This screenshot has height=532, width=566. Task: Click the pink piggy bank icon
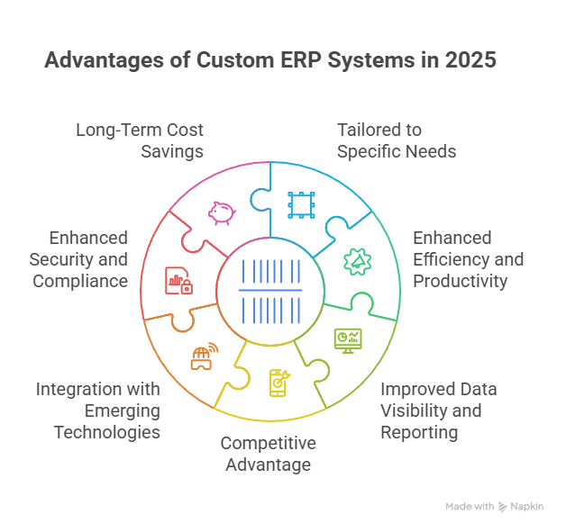point(221,212)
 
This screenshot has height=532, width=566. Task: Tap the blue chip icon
point(299,205)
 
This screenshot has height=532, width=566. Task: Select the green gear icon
point(355,261)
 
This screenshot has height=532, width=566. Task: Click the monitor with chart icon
point(347,339)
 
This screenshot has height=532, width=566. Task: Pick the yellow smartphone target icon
point(279,383)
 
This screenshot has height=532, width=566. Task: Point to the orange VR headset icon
point(203,356)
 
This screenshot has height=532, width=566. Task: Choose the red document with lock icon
point(178,280)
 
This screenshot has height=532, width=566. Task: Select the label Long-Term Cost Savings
point(141,140)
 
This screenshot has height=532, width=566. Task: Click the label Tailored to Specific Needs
point(397,140)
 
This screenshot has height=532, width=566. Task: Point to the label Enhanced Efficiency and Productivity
point(468,259)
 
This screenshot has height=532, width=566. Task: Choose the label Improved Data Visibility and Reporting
point(438,410)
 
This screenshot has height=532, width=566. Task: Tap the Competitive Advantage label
point(268,454)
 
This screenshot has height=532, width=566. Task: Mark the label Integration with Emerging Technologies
point(98,410)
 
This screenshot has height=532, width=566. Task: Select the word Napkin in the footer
point(528,507)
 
